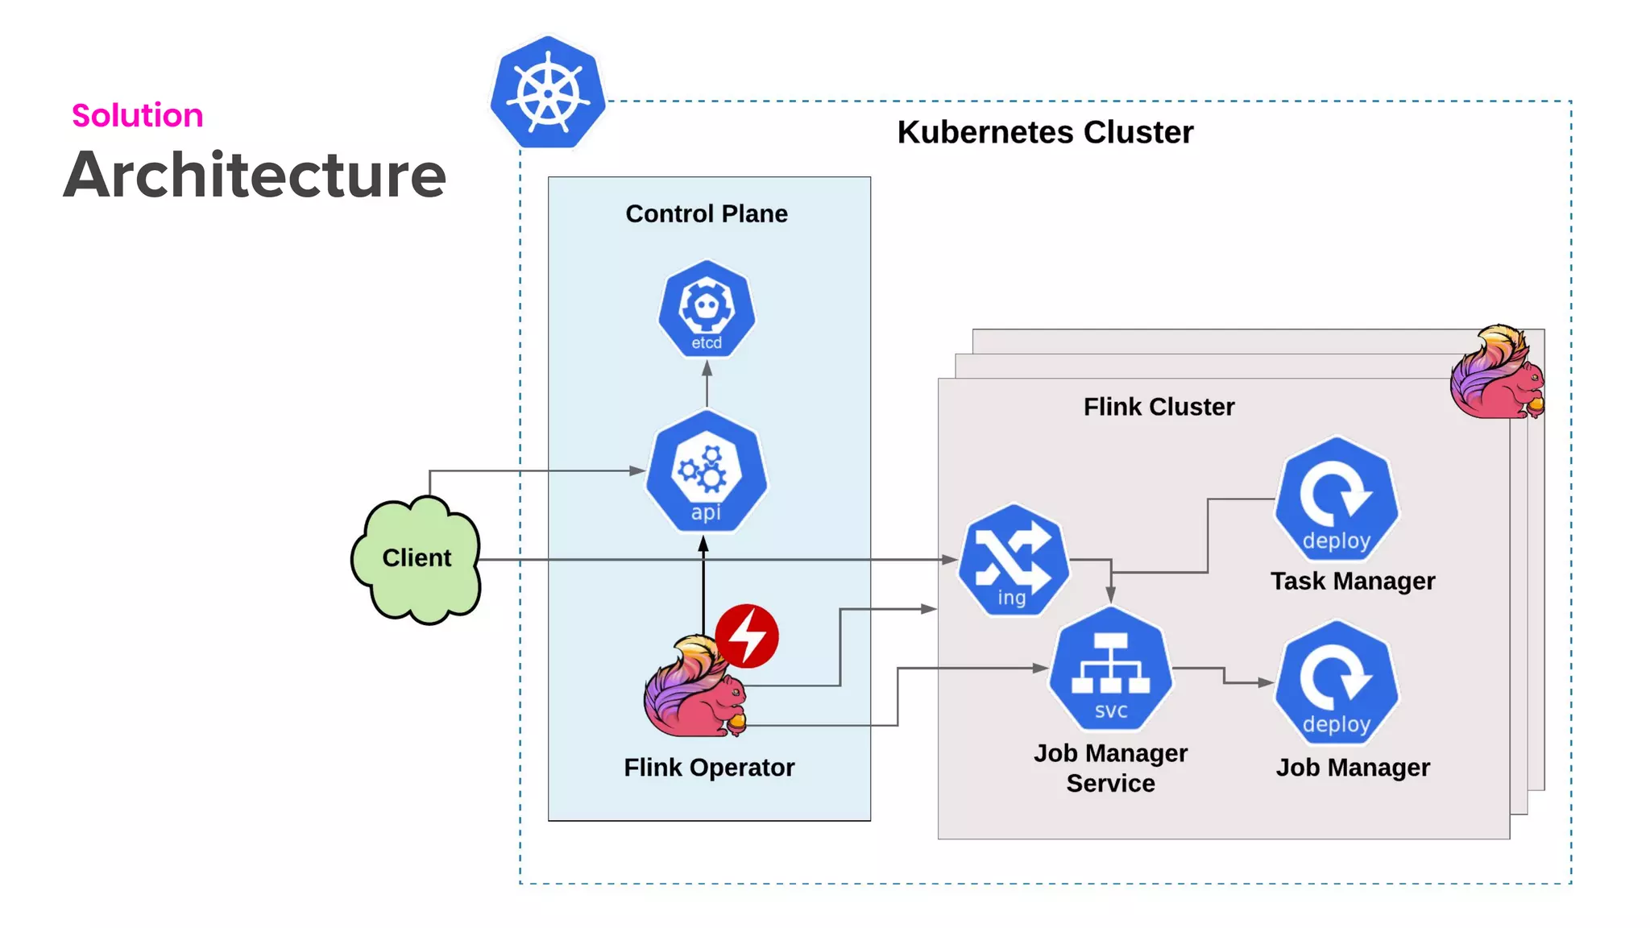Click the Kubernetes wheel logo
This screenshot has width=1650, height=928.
[548, 93]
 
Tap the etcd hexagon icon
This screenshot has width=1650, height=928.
[707, 309]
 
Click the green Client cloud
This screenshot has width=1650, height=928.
[417, 558]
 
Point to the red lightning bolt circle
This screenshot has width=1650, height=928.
[748, 636]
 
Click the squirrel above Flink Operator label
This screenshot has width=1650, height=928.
[693, 689]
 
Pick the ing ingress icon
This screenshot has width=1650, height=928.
[1014, 561]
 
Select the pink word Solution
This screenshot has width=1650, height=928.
[138, 115]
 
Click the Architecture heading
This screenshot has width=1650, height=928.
[255, 175]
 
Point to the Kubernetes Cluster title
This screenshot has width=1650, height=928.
[1045, 132]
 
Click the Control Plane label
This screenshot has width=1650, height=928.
[707, 213]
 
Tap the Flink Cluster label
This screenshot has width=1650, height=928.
[1159, 407]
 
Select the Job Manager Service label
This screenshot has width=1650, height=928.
[1110, 768]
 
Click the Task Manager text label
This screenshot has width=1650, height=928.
[1353, 581]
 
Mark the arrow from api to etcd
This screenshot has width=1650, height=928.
[707, 385]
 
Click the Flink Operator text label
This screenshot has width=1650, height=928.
[709, 768]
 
